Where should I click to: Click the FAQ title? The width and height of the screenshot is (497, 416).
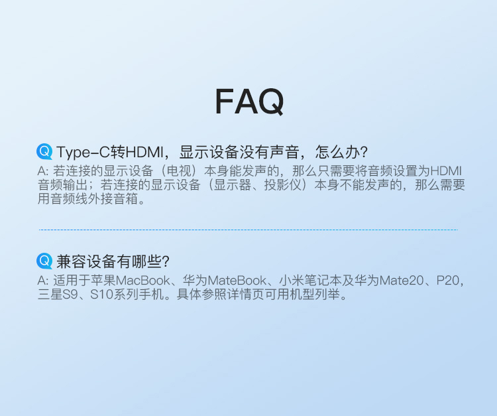click(x=249, y=102)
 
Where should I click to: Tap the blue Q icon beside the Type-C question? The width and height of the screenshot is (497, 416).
click(x=44, y=152)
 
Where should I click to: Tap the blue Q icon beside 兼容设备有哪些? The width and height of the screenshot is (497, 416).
click(x=44, y=261)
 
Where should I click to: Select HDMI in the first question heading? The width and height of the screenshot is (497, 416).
click(x=144, y=153)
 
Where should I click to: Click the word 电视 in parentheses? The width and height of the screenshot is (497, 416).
click(x=179, y=171)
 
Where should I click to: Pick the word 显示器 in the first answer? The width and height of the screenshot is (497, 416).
click(x=233, y=185)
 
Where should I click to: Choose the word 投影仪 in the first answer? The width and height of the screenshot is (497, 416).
click(x=283, y=185)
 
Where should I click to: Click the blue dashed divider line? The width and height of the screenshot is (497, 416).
click(x=248, y=230)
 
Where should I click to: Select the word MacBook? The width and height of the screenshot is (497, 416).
click(x=143, y=281)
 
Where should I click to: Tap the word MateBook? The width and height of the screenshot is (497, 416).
click(x=237, y=281)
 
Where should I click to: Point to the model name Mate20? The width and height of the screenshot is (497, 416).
click(x=402, y=281)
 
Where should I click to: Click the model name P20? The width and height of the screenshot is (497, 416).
click(x=448, y=281)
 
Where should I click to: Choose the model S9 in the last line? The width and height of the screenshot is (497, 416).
click(x=70, y=295)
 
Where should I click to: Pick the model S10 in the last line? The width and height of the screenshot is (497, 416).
click(x=101, y=295)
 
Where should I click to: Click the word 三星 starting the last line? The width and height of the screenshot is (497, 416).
click(x=50, y=295)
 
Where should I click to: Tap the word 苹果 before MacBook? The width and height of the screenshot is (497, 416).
click(x=103, y=281)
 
